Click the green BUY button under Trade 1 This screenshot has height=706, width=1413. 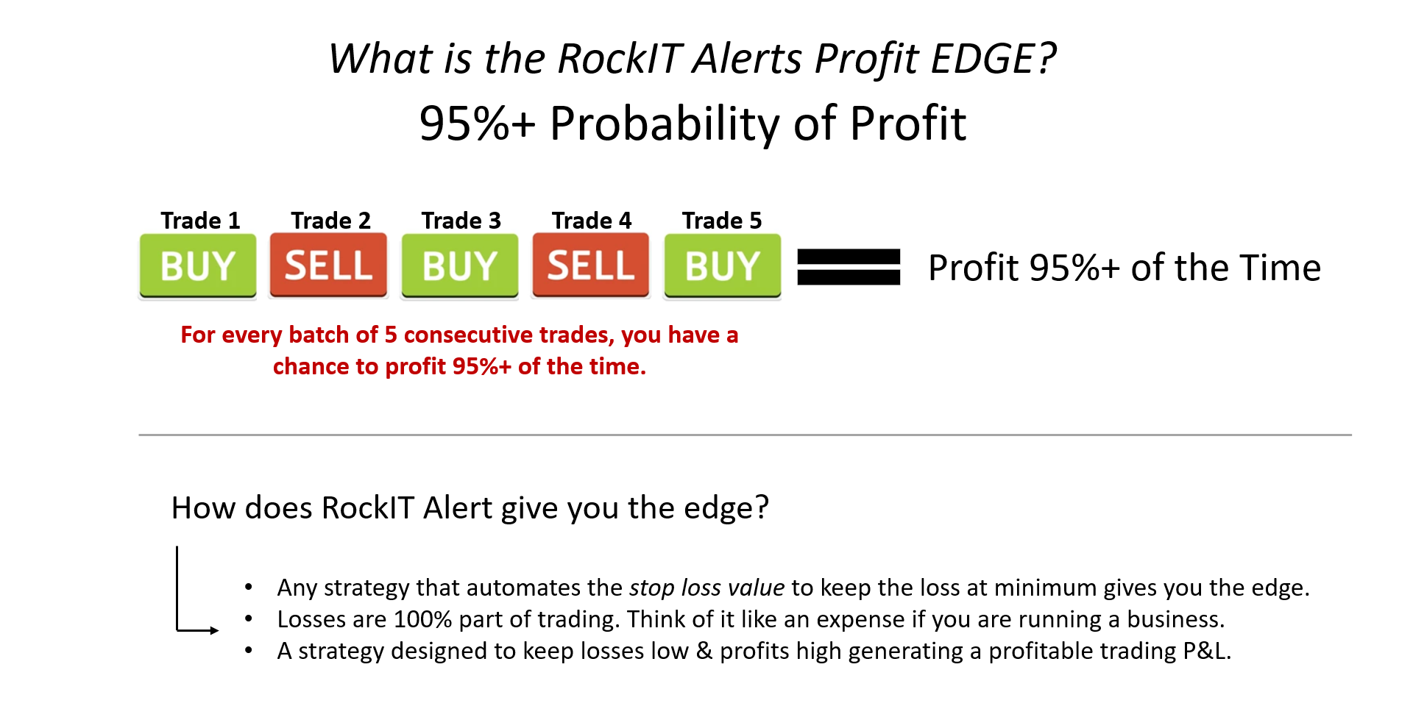198,266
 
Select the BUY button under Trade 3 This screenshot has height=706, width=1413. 460,266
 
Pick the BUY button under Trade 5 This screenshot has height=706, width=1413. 723,266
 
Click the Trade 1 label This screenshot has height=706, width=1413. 200,221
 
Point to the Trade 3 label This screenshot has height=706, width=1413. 461,221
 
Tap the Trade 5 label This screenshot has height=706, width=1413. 722,221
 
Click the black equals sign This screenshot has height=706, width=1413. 849,267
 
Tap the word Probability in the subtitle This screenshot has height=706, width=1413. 665,124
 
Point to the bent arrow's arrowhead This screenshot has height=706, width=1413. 214,630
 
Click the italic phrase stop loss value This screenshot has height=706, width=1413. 707,588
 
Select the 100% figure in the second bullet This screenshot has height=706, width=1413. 423,619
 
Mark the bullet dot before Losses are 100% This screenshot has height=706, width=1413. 249,619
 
